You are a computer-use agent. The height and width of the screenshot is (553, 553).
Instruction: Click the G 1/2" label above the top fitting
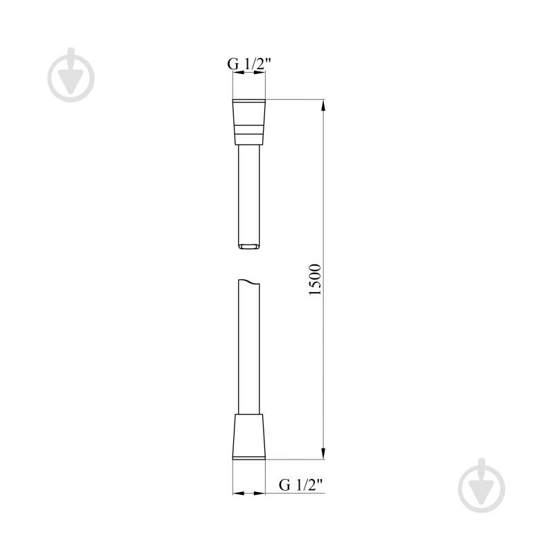click(x=248, y=64)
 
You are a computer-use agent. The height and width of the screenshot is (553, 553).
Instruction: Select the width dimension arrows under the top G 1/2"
click(x=248, y=78)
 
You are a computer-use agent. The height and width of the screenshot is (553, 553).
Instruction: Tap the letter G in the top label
click(x=233, y=64)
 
